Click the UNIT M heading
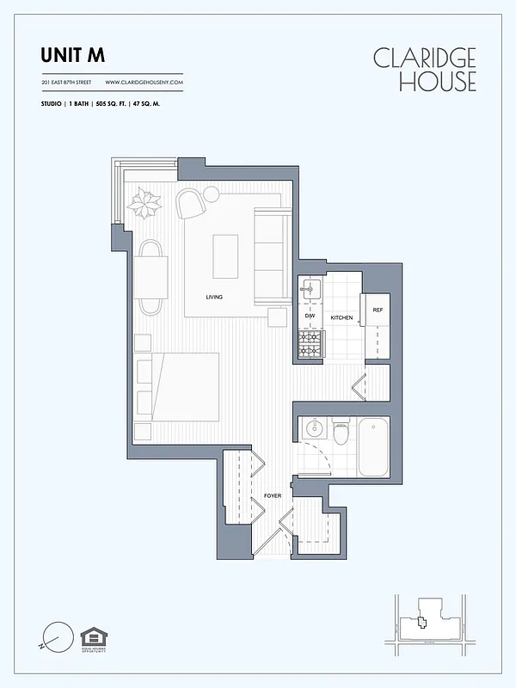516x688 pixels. [73, 55]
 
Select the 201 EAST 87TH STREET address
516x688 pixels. [67, 83]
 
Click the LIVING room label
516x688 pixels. [214, 298]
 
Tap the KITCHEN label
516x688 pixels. [341, 318]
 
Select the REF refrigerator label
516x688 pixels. [377, 310]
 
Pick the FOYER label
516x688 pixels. [273, 495]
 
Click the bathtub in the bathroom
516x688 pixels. [373, 445]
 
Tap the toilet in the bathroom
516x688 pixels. [341, 433]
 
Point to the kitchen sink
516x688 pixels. [310, 289]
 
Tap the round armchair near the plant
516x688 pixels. [191, 204]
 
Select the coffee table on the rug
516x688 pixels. [225, 256]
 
